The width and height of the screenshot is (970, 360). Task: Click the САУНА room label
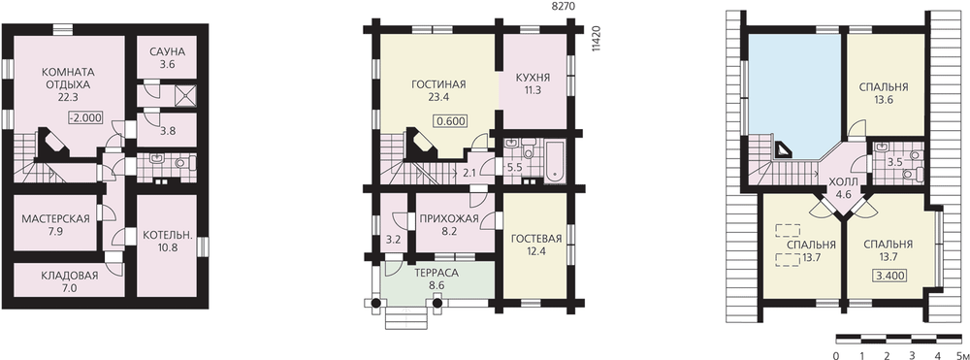(x=167, y=51)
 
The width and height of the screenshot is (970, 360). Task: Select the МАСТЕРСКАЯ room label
(x=55, y=218)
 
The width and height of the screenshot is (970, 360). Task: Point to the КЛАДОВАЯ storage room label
(x=69, y=276)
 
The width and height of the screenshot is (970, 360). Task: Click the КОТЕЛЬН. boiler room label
(x=167, y=235)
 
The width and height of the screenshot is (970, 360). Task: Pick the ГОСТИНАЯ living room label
(x=438, y=84)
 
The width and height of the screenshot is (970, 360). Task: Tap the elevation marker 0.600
(x=450, y=121)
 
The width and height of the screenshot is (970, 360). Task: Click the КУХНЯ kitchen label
(x=533, y=78)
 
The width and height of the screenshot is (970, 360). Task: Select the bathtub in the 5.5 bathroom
(x=554, y=162)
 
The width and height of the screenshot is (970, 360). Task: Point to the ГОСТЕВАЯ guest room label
(x=535, y=240)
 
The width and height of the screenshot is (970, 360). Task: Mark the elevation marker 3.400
(x=888, y=277)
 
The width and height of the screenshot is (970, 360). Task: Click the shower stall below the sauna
(x=185, y=94)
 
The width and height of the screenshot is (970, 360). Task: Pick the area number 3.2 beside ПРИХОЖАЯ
(x=394, y=238)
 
